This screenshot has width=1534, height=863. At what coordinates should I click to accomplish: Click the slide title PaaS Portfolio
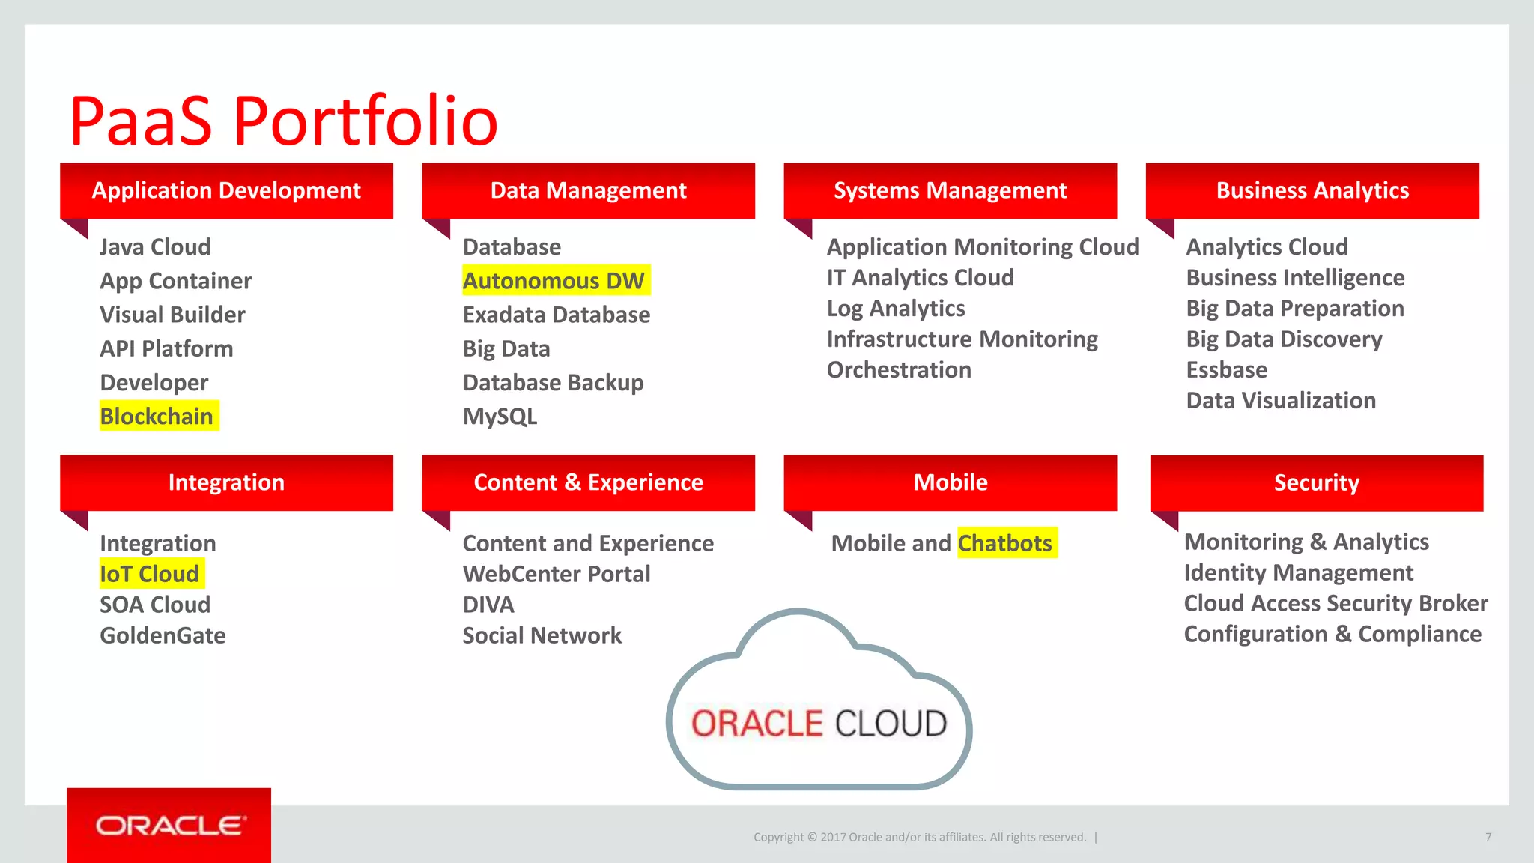pyautogui.click(x=283, y=121)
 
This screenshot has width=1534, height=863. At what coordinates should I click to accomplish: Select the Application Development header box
pyautogui.click(x=226, y=190)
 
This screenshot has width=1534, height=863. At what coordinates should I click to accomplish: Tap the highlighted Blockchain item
pyautogui.click(x=157, y=417)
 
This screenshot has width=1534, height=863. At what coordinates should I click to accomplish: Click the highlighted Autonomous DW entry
pyautogui.click(x=554, y=281)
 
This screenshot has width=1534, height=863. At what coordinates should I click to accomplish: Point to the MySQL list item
pyautogui.click(x=500, y=417)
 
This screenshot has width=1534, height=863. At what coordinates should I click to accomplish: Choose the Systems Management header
pyautogui.click(x=950, y=190)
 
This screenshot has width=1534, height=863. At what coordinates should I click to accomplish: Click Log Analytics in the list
pyautogui.click(x=896, y=309)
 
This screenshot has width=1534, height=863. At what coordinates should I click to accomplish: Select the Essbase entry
pyautogui.click(x=1227, y=370)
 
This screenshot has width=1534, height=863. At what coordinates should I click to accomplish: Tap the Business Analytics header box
pyautogui.click(x=1312, y=190)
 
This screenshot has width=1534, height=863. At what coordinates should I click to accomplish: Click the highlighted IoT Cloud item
pyautogui.click(x=150, y=575)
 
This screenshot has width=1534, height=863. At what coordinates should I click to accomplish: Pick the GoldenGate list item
pyautogui.click(x=163, y=636)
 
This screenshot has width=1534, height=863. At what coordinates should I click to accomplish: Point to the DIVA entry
pyautogui.click(x=488, y=605)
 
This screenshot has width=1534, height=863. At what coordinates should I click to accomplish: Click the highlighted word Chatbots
pyautogui.click(x=1005, y=543)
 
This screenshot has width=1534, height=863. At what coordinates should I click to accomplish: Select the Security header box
pyautogui.click(x=1316, y=483)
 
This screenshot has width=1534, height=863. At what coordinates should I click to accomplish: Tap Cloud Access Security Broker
pyautogui.click(x=1336, y=604)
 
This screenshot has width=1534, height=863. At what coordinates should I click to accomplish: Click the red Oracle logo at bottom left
pyautogui.click(x=169, y=825)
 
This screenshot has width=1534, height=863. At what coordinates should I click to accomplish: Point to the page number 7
pyautogui.click(x=1488, y=837)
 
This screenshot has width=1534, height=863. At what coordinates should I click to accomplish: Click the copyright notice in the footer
pyautogui.click(x=920, y=837)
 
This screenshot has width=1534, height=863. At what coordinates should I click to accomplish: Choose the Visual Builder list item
pyautogui.click(x=172, y=315)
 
